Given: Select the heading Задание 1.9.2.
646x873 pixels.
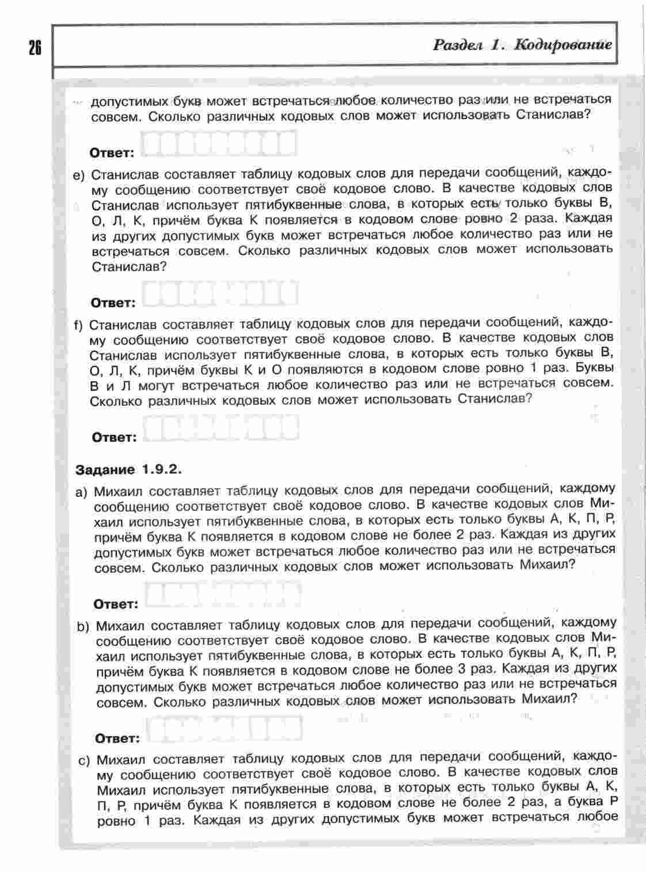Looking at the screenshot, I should (128, 470).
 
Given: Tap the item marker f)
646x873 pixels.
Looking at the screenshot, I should (79, 326).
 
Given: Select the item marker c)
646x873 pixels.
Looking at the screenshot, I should (85, 760).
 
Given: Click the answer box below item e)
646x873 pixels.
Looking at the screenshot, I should (220, 293).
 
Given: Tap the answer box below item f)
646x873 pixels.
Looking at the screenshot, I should (220, 428).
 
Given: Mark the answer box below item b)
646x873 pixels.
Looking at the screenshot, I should (225, 729).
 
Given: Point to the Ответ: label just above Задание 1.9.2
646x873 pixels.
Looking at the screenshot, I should (115, 437).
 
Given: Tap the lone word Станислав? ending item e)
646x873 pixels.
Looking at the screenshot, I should (128, 267).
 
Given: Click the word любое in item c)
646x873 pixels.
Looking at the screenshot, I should (594, 817).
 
